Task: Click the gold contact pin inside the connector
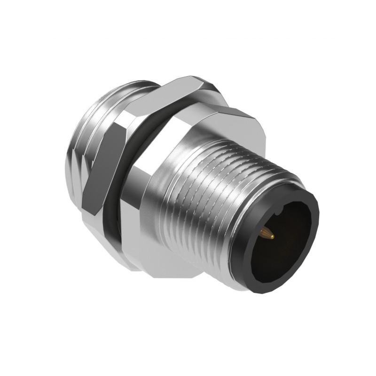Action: point(266,232)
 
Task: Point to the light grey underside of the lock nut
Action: point(94,221)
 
